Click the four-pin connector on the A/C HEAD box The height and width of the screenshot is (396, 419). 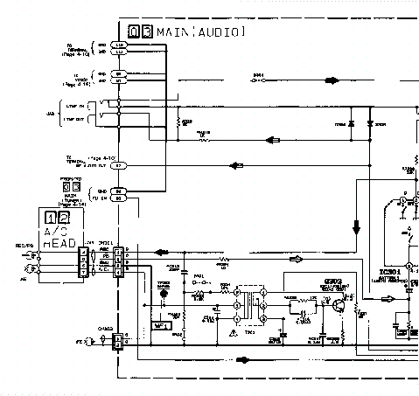[x=82, y=261]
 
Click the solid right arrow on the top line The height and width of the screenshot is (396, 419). [x=332, y=80]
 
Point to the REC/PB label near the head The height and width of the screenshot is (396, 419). [x=12, y=246]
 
